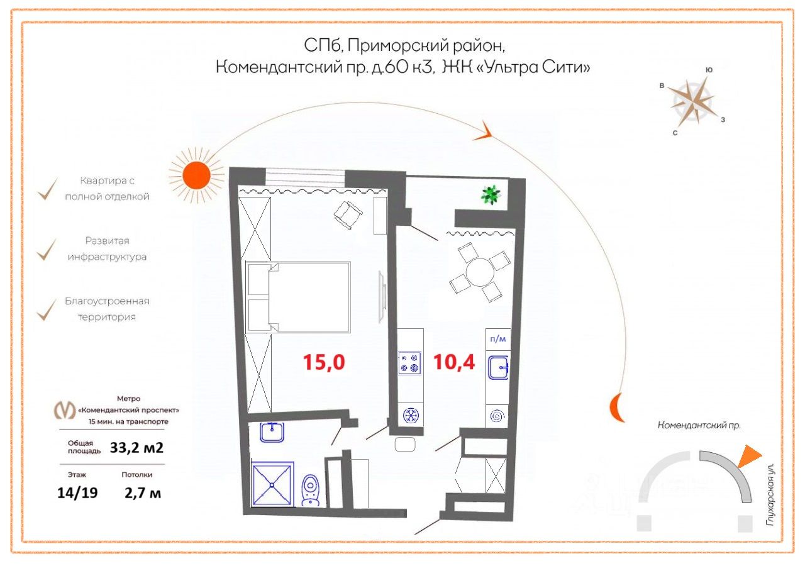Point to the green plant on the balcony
click(491, 194)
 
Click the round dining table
click(476, 274)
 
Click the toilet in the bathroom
click(311, 491)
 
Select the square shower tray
click(272, 484)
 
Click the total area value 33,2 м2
click(132, 448)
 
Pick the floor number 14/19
click(77, 493)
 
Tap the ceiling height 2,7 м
click(143, 493)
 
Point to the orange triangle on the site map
click(748, 457)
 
